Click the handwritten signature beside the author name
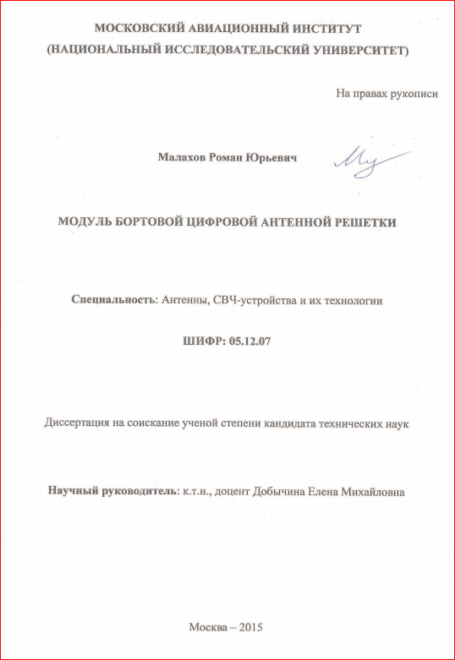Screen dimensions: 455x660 [x=368, y=160]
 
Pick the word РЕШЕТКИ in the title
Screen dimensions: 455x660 [x=364, y=222]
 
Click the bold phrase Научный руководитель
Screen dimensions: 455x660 [x=111, y=491]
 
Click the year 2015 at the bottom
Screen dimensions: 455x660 [x=252, y=628]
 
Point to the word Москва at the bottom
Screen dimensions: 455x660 [x=208, y=628]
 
